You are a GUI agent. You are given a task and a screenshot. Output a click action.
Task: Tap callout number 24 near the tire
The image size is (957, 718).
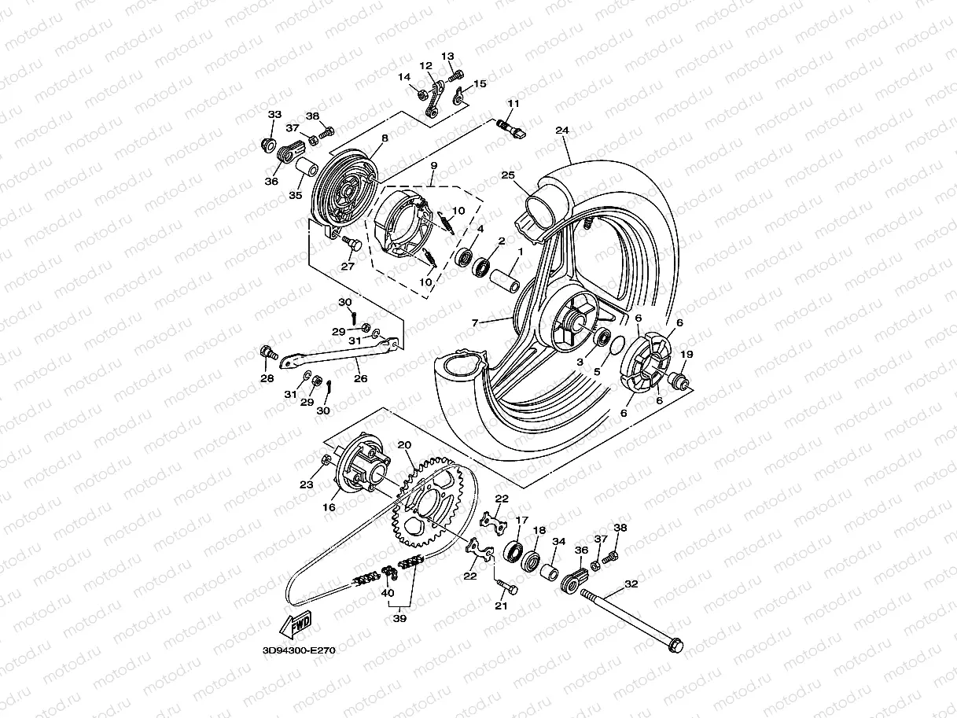(x=561, y=130)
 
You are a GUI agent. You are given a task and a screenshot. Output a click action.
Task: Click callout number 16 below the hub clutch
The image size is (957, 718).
(x=329, y=507)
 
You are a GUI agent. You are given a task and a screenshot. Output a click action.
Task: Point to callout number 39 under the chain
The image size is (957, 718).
(x=400, y=618)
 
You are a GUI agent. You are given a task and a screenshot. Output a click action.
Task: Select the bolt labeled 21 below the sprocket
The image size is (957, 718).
(x=506, y=587)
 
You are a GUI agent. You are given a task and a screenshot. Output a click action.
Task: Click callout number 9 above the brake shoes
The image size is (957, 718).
(x=433, y=166)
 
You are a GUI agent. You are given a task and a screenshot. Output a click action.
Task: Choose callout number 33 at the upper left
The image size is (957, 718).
(x=274, y=115)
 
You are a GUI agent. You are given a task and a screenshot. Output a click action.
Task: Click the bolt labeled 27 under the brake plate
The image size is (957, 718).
(x=351, y=246)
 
